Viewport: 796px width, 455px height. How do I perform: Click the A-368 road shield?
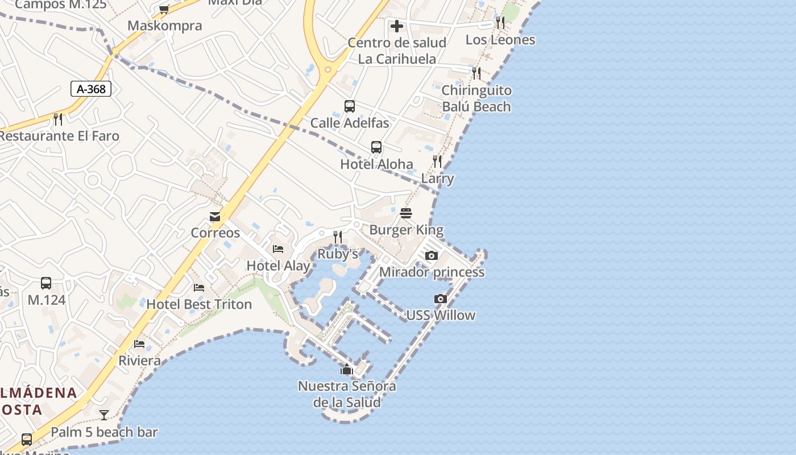pyautogui.click(x=91, y=89)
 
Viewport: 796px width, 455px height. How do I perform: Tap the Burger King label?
pyautogui.click(x=406, y=230)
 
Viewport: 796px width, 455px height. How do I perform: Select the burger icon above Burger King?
pyautogui.click(x=406, y=213)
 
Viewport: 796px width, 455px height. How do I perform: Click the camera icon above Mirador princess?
pyautogui.click(x=432, y=255)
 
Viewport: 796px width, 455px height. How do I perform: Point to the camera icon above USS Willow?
pyautogui.click(x=440, y=299)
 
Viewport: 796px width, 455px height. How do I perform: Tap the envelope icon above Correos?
pyautogui.click(x=215, y=217)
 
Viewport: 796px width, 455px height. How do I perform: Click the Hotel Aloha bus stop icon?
pyautogui.click(x=376, y=147)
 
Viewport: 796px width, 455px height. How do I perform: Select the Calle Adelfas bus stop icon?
pyautogui.click(x=350, y=106)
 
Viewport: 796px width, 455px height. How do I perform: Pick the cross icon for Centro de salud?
pyautogui.click(x=397, y=26)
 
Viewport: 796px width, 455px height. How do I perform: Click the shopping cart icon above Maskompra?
pyautogui.click(x=164, y=9)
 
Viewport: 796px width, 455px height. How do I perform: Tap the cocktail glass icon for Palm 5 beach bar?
pyautogui.click(x=104, y=415)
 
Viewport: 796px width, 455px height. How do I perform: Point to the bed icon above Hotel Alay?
pyautogui.click(x=278, y=249)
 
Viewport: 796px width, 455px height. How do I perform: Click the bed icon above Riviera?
pyautogui.click(x=139, y=344)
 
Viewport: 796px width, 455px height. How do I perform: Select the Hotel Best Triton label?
pyautogui.click(x=199, y=304)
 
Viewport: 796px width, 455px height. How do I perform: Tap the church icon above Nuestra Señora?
pyautogui.click(x=346, y=370)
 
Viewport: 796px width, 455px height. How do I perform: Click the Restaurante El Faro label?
pyautogui.click(x=59, y=136)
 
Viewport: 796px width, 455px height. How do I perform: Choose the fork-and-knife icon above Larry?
pyautogui.click(x=437, y=162)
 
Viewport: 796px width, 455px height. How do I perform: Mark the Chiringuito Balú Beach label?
pyautogui.click(x=476, y=98)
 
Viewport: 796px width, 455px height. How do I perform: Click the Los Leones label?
pyautogui.click(x=500, y=40)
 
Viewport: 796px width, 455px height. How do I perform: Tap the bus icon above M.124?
pyautogui.click(x=46, y=283)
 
